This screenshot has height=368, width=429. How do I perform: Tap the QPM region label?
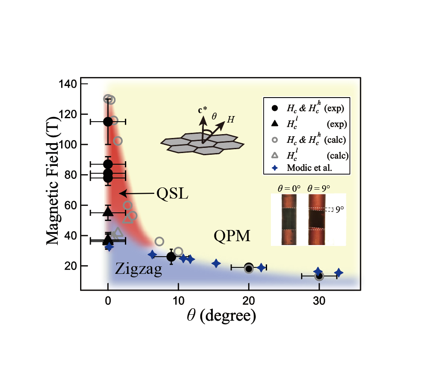tap(232, 236)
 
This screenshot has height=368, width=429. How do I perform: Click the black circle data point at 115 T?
tap(108, 122)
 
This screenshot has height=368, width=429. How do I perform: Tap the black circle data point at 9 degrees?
tap(171, 257)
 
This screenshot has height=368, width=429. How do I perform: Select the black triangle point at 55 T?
tap(108, 212)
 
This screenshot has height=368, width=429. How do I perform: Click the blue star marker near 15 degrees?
tap(216, 263)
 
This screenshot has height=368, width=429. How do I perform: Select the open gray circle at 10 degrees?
tap(178, 251)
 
